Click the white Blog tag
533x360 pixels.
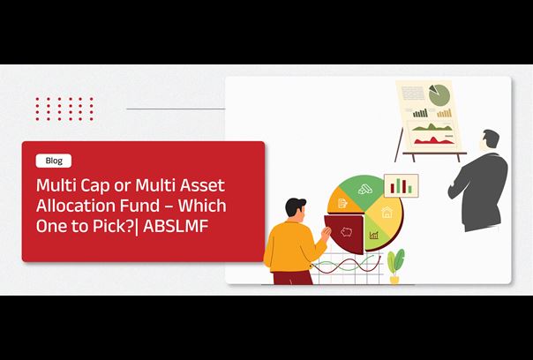[54, 161]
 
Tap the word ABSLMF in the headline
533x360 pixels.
[176, 226]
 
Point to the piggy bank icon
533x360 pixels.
[347, 233]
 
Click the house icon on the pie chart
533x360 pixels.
[387, 213]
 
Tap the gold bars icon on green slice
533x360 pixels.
[365, 189]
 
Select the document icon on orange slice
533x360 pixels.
[342, 203]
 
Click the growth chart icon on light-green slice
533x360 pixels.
[374, 235]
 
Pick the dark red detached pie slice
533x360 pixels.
[344, 233]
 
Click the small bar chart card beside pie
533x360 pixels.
[402, 185]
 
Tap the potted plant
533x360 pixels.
[395, 266]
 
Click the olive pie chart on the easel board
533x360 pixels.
[439, 94]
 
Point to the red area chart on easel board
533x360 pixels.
[432, 140]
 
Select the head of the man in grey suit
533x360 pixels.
[491, 139]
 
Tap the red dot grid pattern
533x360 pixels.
[64, 109]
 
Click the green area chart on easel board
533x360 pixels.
[432, 127]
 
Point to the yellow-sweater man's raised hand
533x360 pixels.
[327, 233]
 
